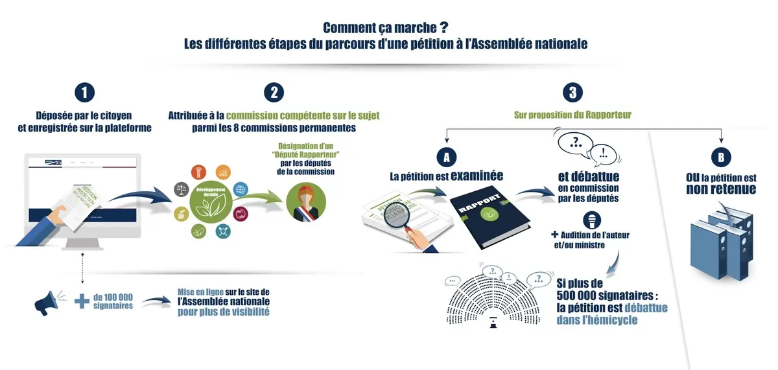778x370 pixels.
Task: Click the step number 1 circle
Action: pyautogui.click(x=84, y=93)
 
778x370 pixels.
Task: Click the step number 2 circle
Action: pyautogui.click(x=274, y=93)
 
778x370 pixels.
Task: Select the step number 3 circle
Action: pyautogui.click(x=572, y=93)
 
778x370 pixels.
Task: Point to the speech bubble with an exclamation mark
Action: pyautogui.click(x=603, y=156)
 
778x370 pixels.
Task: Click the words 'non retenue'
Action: pyautogui.click(x=721, y=189)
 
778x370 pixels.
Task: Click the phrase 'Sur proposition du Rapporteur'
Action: pyautogui.click(x=572, y=115)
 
